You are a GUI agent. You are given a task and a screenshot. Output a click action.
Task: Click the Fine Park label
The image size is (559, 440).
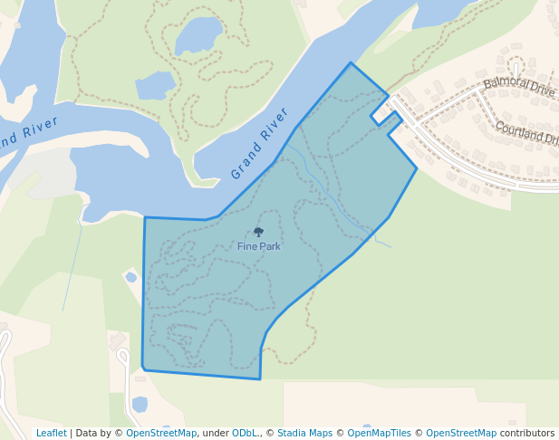pos(259,246)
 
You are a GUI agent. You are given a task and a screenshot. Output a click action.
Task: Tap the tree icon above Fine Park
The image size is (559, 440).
pos(258,233)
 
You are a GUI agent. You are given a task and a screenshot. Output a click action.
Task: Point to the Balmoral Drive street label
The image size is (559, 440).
pos(518,87)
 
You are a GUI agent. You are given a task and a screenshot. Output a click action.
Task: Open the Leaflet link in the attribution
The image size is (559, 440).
pos(52,433)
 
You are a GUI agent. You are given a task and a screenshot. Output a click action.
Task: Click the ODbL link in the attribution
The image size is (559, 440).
pos(245,433)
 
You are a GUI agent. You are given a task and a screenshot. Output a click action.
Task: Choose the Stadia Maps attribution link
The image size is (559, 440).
pos(305,433)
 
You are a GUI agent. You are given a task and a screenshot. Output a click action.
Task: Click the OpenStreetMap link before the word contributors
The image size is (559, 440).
pos(461,433)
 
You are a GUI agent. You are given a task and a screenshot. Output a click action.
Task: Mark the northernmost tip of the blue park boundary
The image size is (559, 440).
pos(351,62)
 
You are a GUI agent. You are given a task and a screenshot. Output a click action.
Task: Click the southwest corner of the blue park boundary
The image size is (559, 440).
pos(143,368)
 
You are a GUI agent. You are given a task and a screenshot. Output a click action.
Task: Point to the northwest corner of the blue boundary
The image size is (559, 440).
pos(145,217)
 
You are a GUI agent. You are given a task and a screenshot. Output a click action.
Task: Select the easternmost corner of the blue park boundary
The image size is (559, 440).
pos(417,167)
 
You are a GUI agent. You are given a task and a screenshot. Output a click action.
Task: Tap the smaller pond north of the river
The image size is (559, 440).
pos(155,86)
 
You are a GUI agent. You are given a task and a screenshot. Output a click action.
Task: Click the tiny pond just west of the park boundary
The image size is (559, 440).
pos(131,277)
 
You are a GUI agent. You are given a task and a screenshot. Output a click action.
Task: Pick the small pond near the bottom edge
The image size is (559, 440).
pos(140,404)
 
